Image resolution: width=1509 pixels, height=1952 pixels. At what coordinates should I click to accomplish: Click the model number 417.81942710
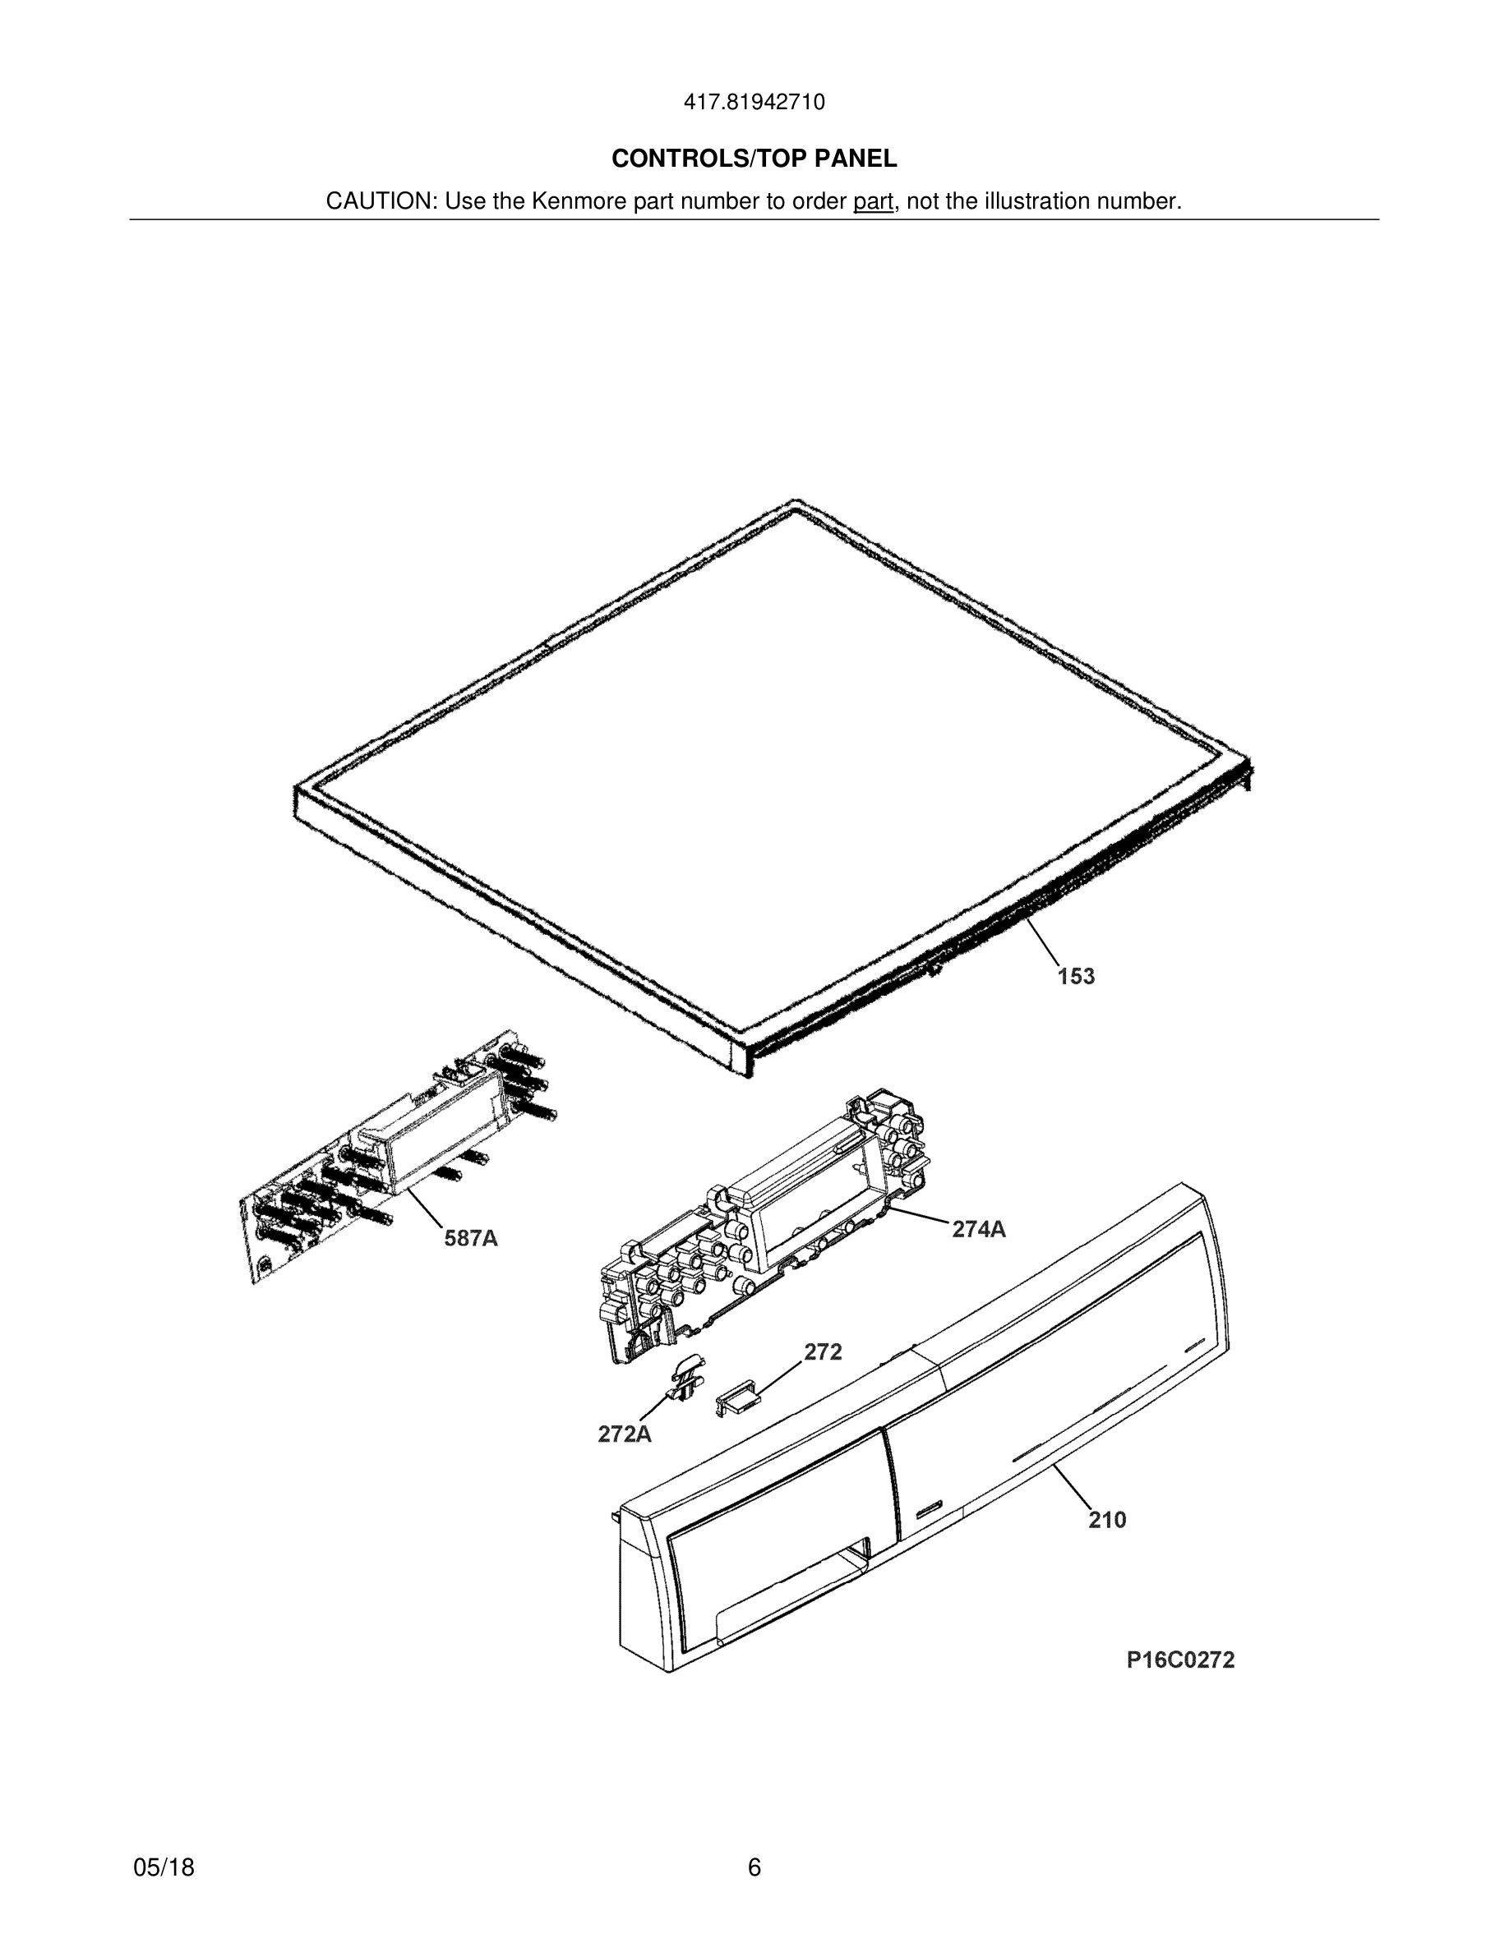tap(754, 102)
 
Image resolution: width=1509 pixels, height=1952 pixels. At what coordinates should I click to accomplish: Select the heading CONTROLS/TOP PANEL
tap(754, 159)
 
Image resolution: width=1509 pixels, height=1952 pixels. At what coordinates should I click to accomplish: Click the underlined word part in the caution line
tap(873, 202)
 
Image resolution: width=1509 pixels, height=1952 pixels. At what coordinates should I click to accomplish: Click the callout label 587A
tap(471, 1239)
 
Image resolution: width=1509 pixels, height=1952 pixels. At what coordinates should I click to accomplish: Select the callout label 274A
tap(978, 1230)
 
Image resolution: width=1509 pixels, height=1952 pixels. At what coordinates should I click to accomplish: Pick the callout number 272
tap(823, 1352)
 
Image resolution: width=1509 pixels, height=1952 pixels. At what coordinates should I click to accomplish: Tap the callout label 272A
tap(624, 1434)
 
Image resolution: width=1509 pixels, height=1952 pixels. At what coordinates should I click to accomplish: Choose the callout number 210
tap(1107, 1519)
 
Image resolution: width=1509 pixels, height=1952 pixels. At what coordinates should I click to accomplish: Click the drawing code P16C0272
tap(1180, 1660)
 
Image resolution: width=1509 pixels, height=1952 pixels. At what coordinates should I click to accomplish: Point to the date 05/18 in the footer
tap(164, 1867)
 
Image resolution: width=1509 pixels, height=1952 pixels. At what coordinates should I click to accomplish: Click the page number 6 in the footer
tap(754, 1867)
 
